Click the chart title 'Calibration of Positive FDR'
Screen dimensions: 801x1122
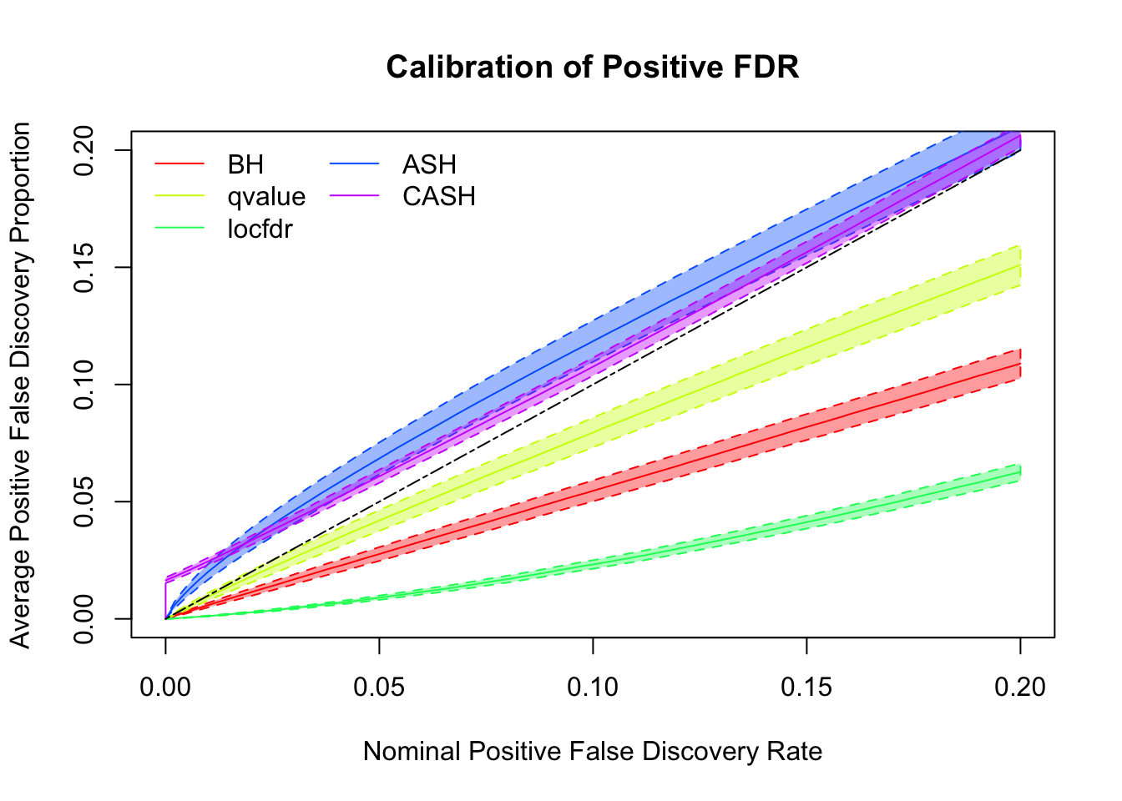(592, 68)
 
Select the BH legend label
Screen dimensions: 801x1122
(245, 164)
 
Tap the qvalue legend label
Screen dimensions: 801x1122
(266, 197)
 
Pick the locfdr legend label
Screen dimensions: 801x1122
(260, 229)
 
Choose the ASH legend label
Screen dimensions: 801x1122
(429, 164)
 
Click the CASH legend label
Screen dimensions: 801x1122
(439, 197)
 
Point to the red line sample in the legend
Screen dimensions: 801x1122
(179, 164)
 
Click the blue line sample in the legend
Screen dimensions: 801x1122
(355, 164)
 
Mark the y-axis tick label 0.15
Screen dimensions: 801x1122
(84, 267)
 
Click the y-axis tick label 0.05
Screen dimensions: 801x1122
(84, 501)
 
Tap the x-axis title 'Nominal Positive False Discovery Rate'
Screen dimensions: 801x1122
(593, 752)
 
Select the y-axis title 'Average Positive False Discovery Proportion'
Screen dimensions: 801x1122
(20, 385)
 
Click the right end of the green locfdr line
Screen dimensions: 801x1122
(1019, 473)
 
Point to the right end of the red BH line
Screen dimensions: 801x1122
(1019, 363)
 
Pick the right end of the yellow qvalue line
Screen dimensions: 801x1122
(1019, 265)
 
